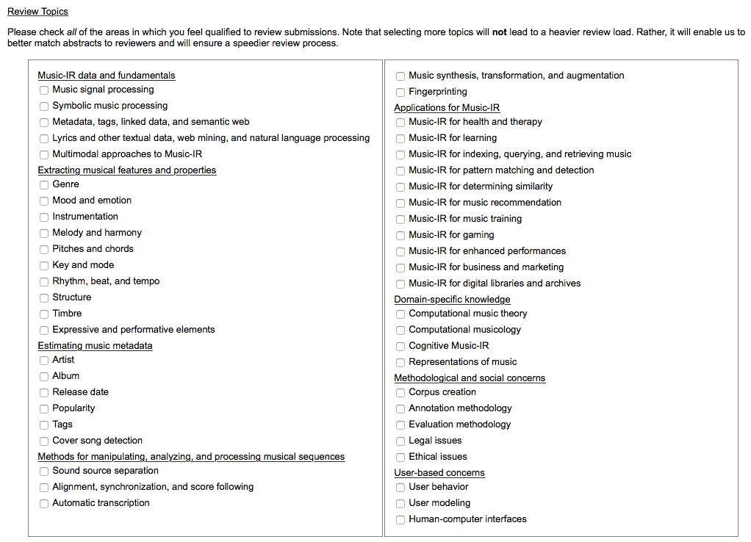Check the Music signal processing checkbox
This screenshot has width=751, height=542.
pos(44,90)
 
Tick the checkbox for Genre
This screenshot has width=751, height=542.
pos(44,185)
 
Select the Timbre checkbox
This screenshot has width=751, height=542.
pos(44,314)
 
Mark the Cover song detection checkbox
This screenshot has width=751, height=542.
pos(44,441)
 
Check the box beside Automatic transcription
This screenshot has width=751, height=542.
pos(44,504)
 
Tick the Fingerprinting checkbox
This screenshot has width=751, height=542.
pos(400,93)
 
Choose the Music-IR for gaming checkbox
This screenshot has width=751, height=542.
pos(400,236)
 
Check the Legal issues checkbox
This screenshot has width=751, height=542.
pos(400,441)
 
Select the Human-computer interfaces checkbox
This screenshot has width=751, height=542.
pos(400,520)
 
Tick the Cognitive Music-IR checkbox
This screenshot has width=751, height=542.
pos(400,347)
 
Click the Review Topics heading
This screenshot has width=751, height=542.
pos(37,12)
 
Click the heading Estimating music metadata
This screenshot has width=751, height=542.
pos(95,346)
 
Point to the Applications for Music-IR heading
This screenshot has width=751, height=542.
pos(447,108)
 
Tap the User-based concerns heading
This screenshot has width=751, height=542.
pos(439,473)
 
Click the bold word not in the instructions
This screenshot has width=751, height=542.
pos(500,32)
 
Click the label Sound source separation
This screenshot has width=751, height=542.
pos(105,471)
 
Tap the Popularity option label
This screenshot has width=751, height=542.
pos(73,408)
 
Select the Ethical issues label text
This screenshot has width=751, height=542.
pos(438,457)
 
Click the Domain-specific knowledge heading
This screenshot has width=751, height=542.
pos(452,300)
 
